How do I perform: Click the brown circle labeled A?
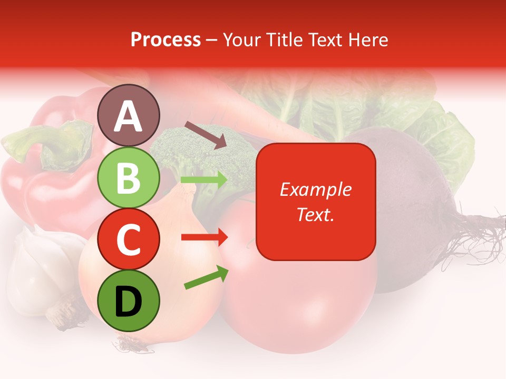(129, 116)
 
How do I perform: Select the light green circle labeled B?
(129, 178)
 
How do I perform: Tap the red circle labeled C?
(129, 239)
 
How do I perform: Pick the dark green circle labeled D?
(129, 301)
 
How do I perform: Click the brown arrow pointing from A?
(205, 135)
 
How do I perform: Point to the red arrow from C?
(204, 237)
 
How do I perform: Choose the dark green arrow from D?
(206, 278)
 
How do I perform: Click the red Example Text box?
(316, 202)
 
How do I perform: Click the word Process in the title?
(166, 40)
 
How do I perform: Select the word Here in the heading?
(369, 40)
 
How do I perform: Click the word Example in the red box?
(316, 189)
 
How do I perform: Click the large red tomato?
(295, 300)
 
